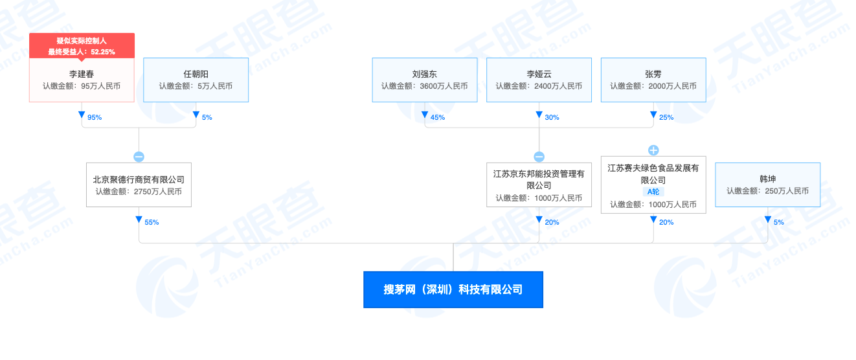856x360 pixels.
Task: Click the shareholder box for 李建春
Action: tap(82, 80)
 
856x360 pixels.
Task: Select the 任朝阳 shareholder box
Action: tap(196, 80)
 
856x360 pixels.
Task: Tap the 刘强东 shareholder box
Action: tap(424, 80)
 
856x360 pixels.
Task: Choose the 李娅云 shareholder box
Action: tap(539, 80)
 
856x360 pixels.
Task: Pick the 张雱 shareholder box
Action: tap(653, 80)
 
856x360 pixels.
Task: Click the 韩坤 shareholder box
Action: tap(767, 185)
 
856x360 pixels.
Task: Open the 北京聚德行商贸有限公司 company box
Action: tap(139, 185)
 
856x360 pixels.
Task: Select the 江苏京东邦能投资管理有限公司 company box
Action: tap(539, 185)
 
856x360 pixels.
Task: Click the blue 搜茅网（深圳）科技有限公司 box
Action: tap(453, 289)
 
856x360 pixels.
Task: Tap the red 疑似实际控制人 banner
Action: tap(82, 46)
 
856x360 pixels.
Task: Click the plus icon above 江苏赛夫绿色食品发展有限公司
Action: tap(653, 150)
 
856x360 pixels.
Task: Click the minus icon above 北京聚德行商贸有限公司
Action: tap(139, 157)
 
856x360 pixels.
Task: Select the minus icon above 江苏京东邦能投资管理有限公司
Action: tap(539, 157)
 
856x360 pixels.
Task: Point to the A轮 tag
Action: tap(653, 192)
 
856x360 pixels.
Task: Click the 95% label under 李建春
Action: tap(95, 118)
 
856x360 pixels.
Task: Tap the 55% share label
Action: tap(152, 223)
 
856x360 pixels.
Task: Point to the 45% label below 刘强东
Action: tap(437, 118)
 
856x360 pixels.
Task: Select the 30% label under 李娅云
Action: tap(552, 118)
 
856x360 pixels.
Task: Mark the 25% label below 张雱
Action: tap(666, 118)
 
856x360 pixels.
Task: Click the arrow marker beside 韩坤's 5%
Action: tap(767, 220)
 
